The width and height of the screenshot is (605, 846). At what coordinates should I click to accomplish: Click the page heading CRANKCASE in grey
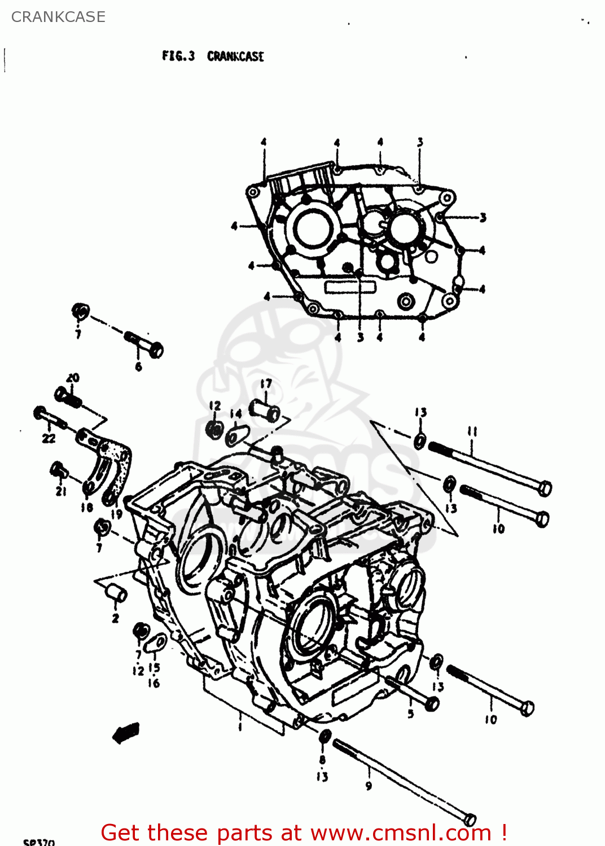(x=58, y=17)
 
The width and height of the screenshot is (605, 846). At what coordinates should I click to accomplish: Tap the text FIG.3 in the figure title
(x=178, y=56)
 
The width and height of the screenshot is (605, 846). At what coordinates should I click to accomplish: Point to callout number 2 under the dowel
(x=115, y=618)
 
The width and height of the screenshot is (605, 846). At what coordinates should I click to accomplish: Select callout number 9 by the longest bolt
(x=369, y=786)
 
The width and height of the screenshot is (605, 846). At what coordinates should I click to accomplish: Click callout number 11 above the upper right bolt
(x=472, y=431)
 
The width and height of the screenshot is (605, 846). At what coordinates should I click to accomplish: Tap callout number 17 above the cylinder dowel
(x=266, y=384)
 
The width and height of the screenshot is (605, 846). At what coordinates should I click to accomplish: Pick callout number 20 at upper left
(x=73, y=378)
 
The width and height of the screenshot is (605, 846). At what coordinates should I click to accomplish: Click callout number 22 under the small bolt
(x=49, y=438)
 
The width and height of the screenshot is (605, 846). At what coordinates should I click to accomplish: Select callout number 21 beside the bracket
(x=61, y=491)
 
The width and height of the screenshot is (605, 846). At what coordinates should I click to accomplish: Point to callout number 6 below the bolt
(x=138, y=367)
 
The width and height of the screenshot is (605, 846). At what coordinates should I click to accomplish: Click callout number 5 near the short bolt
(x=410, y=713)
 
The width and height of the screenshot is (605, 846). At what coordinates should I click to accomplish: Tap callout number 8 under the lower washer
(x=322, y=760)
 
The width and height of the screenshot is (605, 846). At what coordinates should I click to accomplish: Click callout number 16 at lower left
(x=154, y=683)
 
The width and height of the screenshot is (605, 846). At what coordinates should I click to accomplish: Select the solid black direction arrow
(x=126, y=733)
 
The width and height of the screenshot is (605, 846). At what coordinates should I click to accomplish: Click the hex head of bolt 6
(x=155, y=350)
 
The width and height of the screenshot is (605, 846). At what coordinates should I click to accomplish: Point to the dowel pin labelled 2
(x=116, y=594)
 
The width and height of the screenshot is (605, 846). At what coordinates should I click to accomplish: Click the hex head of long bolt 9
(x=470, y=819)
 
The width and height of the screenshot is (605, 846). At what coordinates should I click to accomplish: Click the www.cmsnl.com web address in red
(x=401, y=832)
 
